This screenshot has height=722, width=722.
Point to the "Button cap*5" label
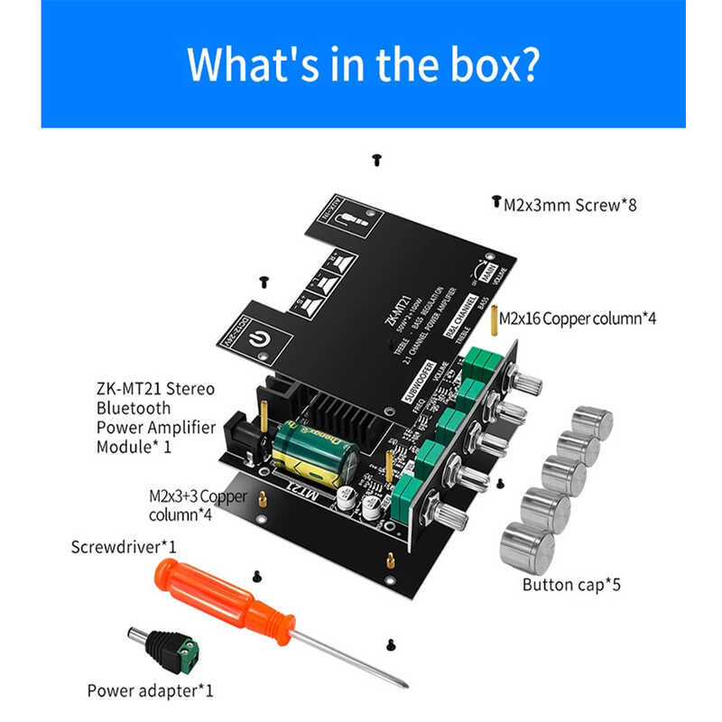coord(571,584)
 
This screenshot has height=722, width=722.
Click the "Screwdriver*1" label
coord(124,547)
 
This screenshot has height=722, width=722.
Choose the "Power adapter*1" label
coord(150,691)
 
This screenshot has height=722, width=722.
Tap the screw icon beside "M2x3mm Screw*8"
coord(495,202)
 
